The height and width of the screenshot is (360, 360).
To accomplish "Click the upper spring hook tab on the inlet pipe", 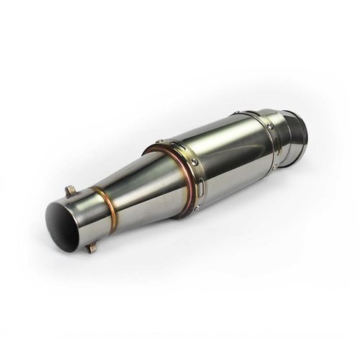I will (x=70, y=191).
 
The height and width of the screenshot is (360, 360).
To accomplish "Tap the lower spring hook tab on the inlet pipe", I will (x=91, y=248).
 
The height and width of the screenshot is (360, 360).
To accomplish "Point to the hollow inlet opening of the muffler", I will (x=63, y=219).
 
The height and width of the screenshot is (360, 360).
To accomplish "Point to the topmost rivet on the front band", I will (x=159, y=141).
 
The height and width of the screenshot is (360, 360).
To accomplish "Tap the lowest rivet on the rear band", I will (x=274, y=167).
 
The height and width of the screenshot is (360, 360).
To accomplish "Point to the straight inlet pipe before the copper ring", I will (x=83, y=216).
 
